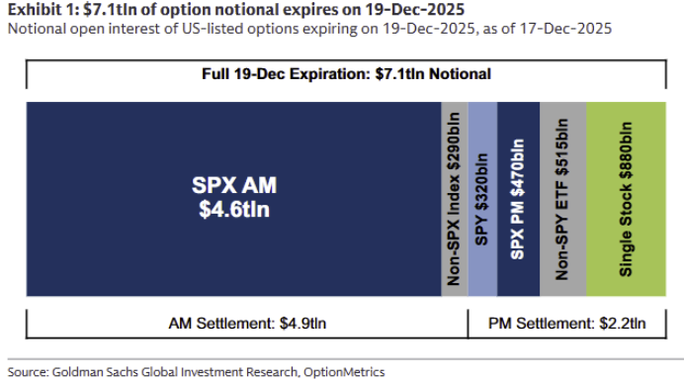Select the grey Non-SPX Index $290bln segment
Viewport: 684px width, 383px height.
455,198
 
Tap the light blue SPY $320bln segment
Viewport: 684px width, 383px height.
482,198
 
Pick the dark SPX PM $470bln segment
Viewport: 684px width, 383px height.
518,198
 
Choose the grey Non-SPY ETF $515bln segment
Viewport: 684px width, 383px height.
562,198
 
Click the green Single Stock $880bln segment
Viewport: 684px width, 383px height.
626,198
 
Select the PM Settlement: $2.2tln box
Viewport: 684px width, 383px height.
567,324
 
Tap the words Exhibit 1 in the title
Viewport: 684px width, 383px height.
37,10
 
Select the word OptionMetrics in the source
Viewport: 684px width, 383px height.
345,372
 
